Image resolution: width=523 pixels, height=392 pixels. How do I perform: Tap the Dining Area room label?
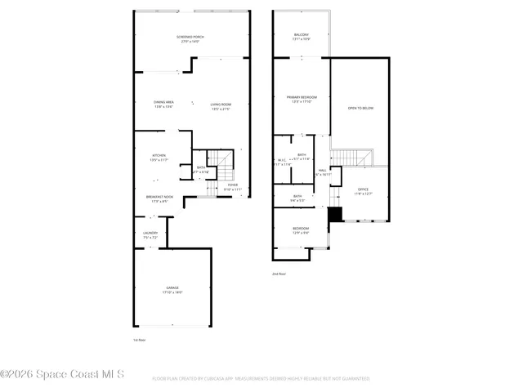tap(163, 102)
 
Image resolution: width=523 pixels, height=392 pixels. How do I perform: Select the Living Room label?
tap(221, 104)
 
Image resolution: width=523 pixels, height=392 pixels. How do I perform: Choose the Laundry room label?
tap(150, 233)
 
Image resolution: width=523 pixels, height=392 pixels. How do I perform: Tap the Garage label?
tap(172, 287)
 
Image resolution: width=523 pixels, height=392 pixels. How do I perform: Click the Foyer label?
tap(233, 185)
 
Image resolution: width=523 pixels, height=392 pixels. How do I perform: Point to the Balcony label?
tap(302, 34)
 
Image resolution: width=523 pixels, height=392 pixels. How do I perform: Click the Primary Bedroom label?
tap(301, 97)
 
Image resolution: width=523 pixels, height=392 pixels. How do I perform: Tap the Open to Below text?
tap(360, 108)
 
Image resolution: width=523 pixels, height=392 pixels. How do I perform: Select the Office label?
tap(363, 189)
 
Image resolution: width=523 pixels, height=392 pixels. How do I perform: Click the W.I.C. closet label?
tap(282, 160)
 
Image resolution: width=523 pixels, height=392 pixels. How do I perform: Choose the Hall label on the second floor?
tap(323, 170)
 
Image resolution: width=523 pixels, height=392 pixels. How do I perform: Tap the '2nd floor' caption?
tap(279, 274)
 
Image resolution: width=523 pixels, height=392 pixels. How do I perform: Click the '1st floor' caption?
tap(139, 339)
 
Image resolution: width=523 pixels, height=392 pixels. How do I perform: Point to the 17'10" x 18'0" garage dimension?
tap(172, 292)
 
